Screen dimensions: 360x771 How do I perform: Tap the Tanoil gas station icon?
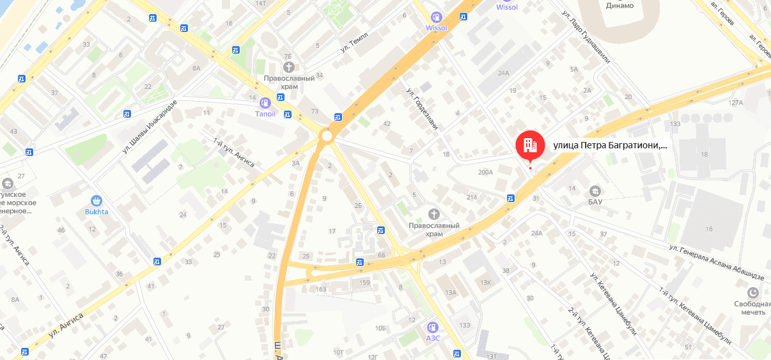pos(265,102)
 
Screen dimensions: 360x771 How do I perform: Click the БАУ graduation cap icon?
pos(595,191)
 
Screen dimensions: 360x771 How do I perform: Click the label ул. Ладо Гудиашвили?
pos(584,38)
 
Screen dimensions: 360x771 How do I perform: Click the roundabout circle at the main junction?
pos(327,136)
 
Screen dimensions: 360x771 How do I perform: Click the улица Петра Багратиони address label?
pos(610,145)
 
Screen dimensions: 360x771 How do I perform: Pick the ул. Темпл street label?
pos(354,41)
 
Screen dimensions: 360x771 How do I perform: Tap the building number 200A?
pos(486,172)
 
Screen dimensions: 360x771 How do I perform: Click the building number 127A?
pos(735,103)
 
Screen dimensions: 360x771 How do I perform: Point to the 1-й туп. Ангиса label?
pos(233,153)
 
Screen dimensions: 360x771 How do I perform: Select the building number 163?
pos(321,290)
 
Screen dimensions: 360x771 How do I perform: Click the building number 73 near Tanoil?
pos(315,111)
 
